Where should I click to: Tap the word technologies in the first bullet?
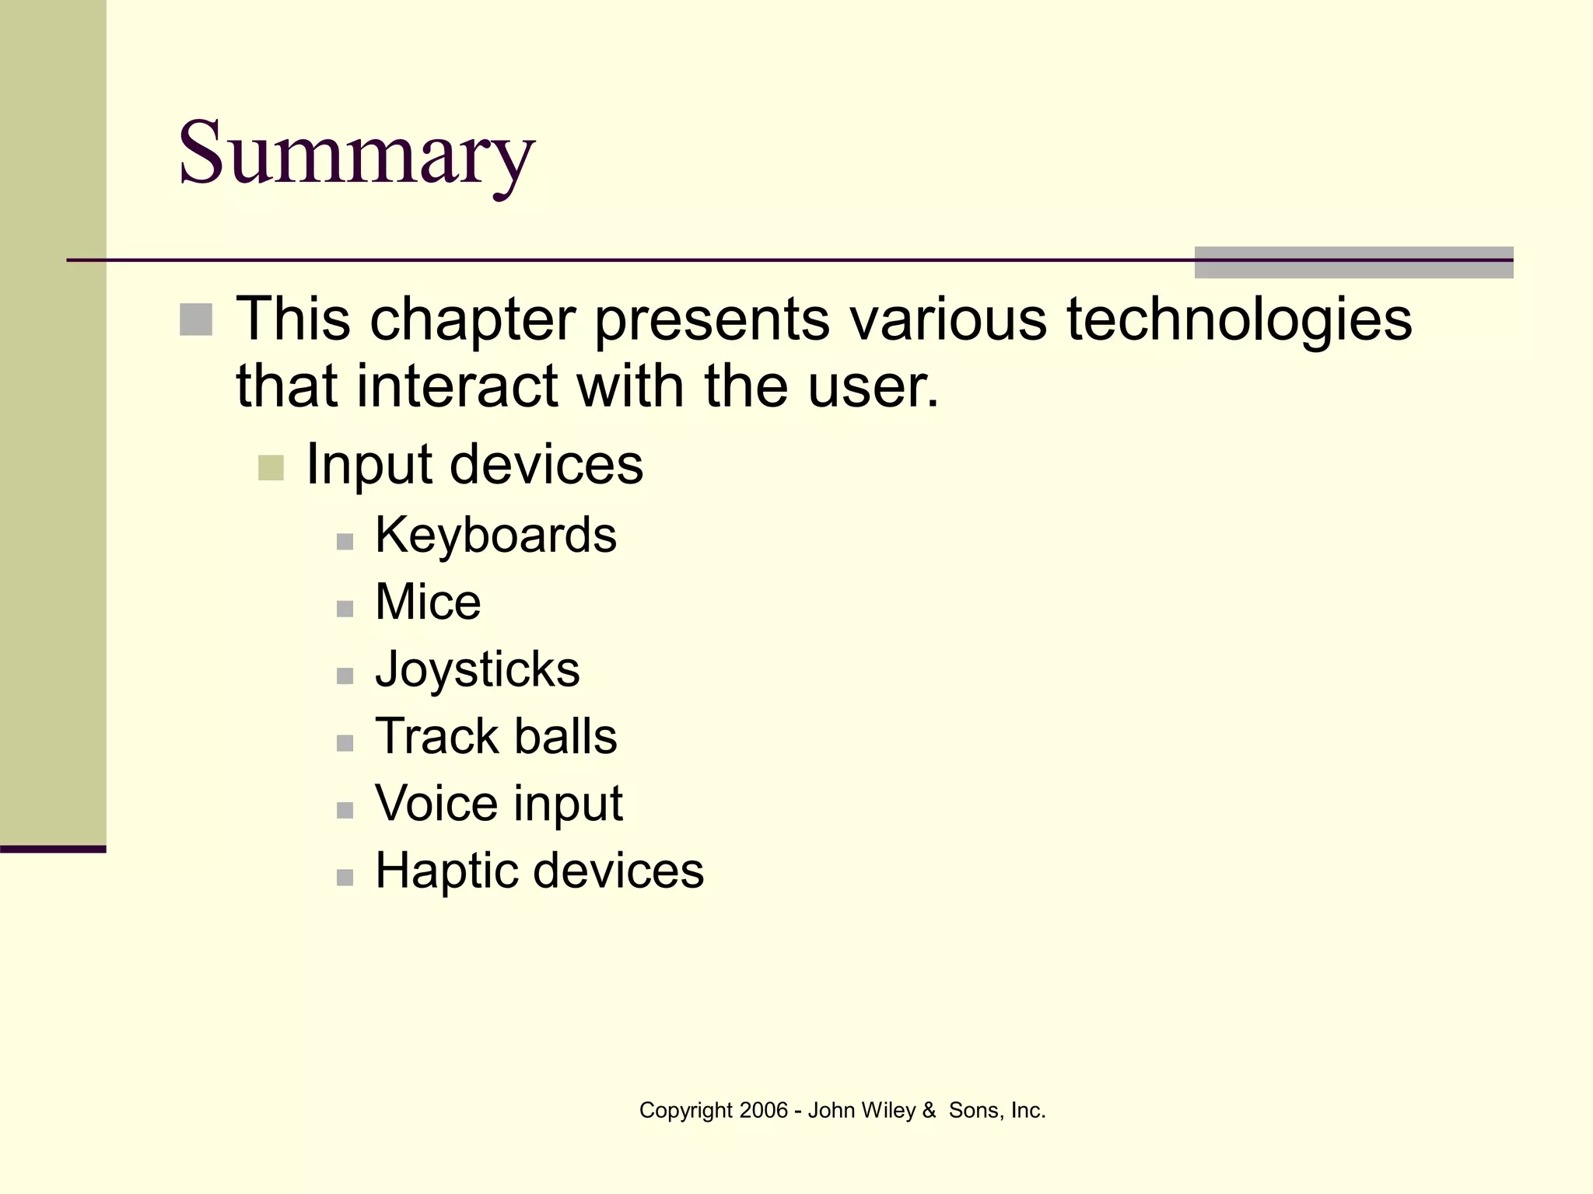tap(1238, 319)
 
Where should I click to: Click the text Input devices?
tap(474, 464)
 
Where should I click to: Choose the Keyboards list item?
tap(495, 536)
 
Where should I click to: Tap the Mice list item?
tap(428, 602)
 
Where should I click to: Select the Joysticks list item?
tap(477, 669)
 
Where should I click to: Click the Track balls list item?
tap(495, 736)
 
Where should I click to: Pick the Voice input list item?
tap(499, 803)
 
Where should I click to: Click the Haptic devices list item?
tap(539, 870)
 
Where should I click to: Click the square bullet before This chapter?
tap(196, 319)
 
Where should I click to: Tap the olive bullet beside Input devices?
tap(271, 468)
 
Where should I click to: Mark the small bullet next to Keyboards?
tap(345, 541)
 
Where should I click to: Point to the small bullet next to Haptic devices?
tap(345, 877)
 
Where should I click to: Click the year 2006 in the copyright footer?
tap(763, 1110)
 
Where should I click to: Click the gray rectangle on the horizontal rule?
tap(1353, 263)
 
